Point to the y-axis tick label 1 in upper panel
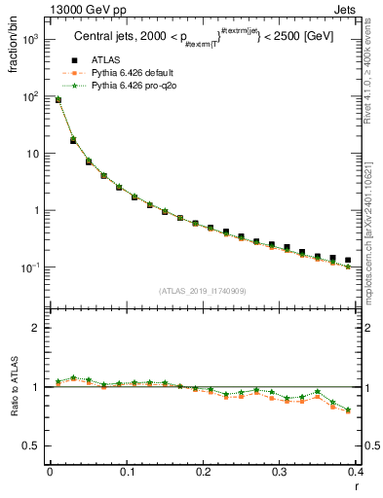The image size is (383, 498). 39,210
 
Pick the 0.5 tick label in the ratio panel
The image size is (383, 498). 34,445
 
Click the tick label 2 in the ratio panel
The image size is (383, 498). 39,328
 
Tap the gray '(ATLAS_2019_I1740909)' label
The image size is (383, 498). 202,291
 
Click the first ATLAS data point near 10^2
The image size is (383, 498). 58,99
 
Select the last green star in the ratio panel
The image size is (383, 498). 348,409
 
